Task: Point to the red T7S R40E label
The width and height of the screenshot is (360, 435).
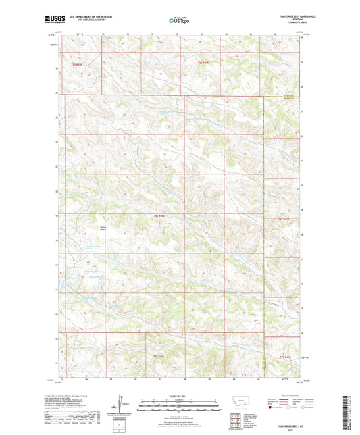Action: (158, 356)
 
